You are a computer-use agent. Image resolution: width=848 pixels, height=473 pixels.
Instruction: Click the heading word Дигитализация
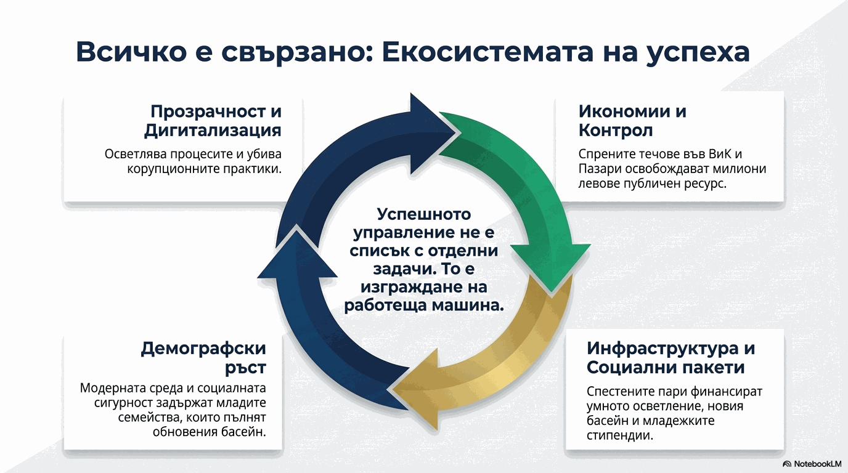pos(213,131)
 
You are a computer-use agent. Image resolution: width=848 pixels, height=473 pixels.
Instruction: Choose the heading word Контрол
pos(616,131)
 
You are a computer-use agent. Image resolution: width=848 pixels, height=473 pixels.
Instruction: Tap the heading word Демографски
pos(203,349)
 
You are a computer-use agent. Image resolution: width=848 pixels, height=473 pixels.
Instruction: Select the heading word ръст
pos(245,368)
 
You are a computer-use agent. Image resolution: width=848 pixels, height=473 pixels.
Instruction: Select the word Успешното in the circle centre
pos(424,214)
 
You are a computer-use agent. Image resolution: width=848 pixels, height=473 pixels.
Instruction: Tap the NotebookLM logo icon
pos(787,464)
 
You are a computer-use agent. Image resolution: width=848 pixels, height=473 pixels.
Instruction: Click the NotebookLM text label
pos(817,464)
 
